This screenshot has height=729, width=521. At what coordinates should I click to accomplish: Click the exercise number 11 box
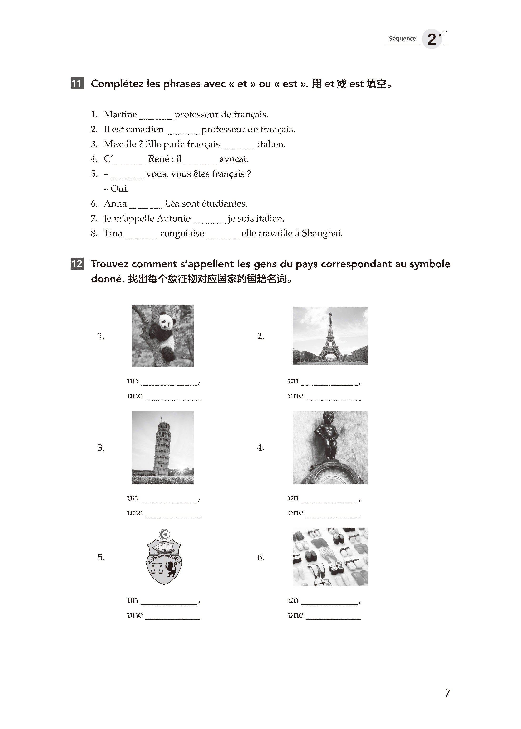(77, 83)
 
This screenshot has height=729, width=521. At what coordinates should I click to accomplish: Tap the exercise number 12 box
(77, 264)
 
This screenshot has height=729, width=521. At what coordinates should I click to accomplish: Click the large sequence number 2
(432, 39)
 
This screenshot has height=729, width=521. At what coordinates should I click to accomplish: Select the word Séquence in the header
(402, 39)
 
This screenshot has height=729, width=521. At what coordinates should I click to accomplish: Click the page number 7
(447, 693)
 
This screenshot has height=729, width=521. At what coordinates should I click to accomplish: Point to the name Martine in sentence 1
(120, 114)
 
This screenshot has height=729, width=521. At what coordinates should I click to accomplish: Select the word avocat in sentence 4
(234, 159)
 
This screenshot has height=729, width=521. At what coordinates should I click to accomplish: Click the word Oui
(119, 189)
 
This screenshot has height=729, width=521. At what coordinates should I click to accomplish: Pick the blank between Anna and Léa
(146, 205)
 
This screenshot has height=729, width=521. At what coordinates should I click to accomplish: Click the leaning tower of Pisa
(162, 447)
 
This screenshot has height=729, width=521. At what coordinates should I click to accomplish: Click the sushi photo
(330, 557)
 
